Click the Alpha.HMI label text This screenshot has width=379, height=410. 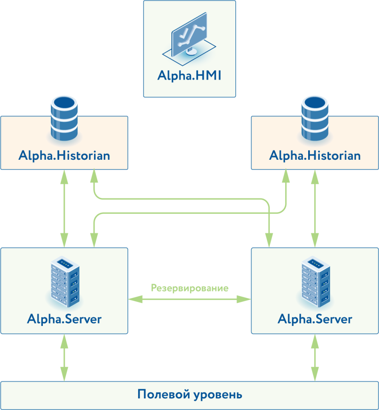pos(189,75)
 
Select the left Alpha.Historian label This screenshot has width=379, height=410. pos(64,155)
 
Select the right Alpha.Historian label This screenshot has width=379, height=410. pos(315,155)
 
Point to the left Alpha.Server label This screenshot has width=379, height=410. pos(64,319)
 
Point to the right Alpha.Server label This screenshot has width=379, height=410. pos(315,319)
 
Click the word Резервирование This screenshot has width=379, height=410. pos(190,288)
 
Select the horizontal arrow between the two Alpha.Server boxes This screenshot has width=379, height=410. pos(190,299)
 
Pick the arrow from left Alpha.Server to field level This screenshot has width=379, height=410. pos(64,357)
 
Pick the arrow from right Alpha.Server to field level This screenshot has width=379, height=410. pos(315,357)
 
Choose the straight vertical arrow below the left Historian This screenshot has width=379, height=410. pos(64,208)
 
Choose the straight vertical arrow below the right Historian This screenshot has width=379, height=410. pos(315,208)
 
